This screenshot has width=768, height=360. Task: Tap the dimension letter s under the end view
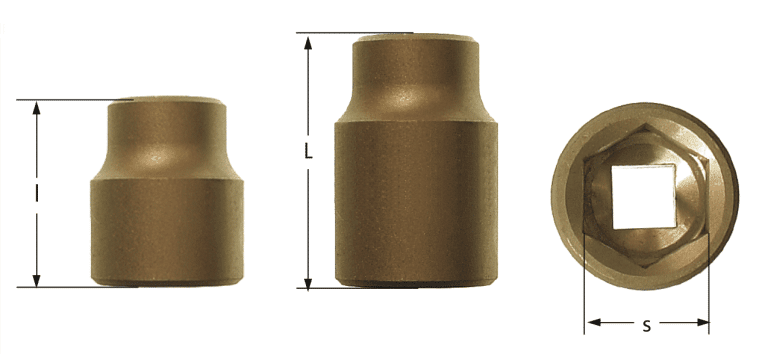click(x=646, y=324)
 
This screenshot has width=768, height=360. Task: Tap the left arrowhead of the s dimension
click(x=591, y=323)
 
